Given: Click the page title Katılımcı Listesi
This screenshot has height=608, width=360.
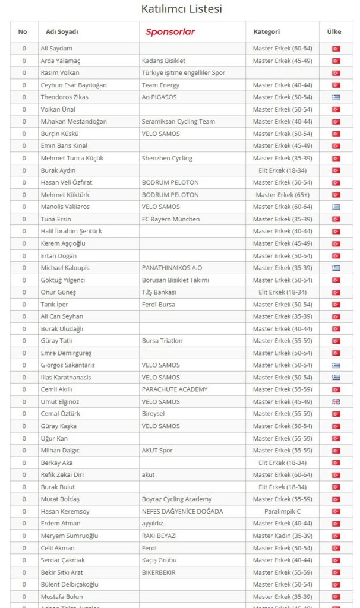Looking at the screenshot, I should point(182,9).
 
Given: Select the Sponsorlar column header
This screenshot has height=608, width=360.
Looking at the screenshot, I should point(170,31).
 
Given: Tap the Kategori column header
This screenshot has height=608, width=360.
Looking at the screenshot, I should point(267,31).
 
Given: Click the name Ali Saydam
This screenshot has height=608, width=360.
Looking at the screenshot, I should point(56,48).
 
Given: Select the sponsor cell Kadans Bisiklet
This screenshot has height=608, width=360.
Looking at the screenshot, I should point(163,61).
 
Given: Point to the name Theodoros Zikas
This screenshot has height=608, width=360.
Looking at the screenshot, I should point(65,97).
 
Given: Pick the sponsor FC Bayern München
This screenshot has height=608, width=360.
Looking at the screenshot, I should point(170,219).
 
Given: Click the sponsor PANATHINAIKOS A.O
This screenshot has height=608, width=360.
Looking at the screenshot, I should point(172,268).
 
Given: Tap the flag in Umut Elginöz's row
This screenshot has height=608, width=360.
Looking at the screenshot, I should point(336,402).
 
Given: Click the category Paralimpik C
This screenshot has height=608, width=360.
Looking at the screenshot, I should point(282,511).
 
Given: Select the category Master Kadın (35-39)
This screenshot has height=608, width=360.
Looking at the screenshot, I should point(282,536).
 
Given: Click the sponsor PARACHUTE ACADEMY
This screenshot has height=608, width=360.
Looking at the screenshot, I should point(175,389).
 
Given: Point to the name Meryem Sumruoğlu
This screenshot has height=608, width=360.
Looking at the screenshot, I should point(70,536).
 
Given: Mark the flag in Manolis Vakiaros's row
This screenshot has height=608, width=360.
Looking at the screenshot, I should point(336,207).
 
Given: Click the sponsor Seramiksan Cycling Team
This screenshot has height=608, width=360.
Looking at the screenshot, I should point(178,121).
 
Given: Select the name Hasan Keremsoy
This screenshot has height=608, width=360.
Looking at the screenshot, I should point(66,511).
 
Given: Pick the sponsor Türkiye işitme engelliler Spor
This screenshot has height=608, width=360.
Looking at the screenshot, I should point(184,72).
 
